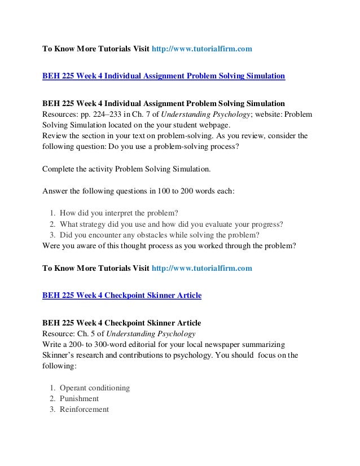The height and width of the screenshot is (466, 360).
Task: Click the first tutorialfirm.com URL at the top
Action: pos(201,50)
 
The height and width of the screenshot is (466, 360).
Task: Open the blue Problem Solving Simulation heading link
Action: pos(164,75)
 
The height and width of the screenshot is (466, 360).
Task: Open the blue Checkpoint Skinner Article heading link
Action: pos(122,295)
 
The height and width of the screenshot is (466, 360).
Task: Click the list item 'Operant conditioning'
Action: pos(95,388)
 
